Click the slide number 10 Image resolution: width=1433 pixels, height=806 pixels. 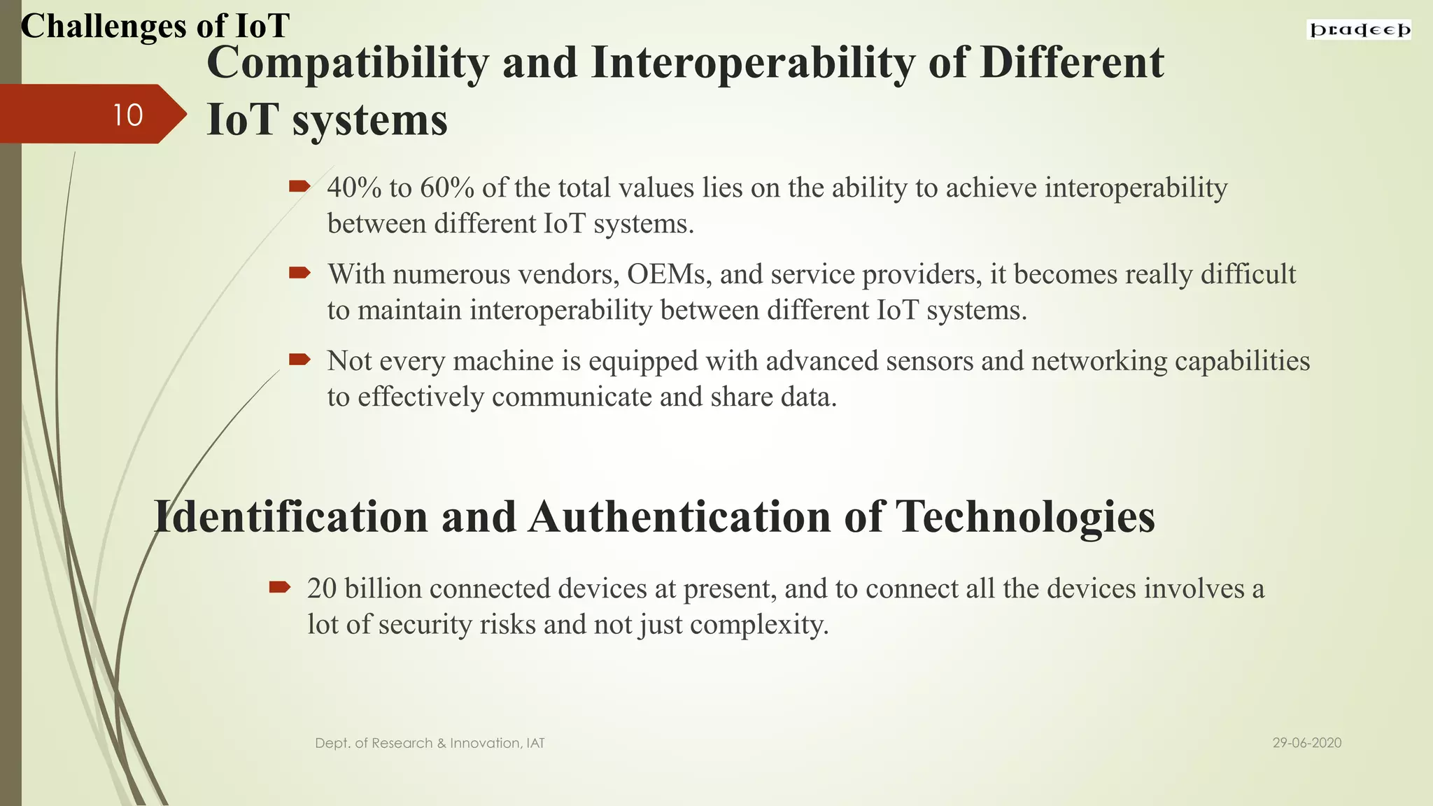click(128, 115)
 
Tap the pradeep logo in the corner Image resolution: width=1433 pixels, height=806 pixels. click(1360, 30)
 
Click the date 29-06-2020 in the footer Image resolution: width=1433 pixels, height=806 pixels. click(1306, 743)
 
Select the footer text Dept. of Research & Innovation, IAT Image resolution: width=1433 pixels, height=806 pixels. click(430, 743)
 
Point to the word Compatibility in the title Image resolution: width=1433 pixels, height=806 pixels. click(347, 63)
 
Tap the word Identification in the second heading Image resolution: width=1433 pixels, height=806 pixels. click(290, 517)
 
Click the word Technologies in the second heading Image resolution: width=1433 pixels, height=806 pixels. click(1025, 517)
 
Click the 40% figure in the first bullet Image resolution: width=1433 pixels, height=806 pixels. click(354, 188)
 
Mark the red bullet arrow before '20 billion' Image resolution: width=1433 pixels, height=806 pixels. click(280, 587)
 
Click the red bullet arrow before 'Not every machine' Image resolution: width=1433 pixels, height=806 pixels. click(299, 360)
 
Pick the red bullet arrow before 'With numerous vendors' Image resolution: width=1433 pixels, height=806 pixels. click(299, 273)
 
